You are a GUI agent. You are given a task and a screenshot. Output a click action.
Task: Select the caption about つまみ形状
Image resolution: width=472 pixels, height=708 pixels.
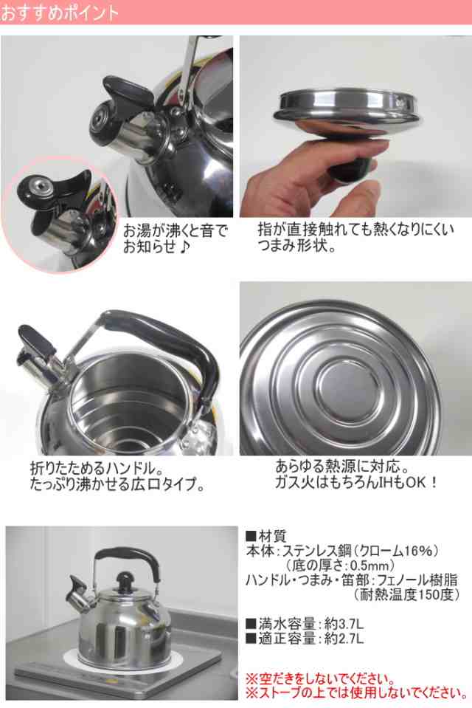(x=355, y=238)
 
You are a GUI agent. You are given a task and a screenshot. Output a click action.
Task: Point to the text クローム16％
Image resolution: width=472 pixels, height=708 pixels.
(x=403, y=550)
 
